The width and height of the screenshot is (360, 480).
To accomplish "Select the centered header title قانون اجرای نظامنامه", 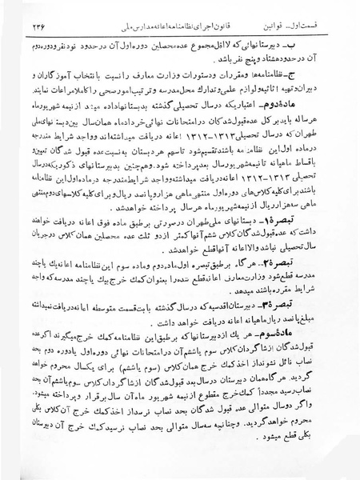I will point(200,25).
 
